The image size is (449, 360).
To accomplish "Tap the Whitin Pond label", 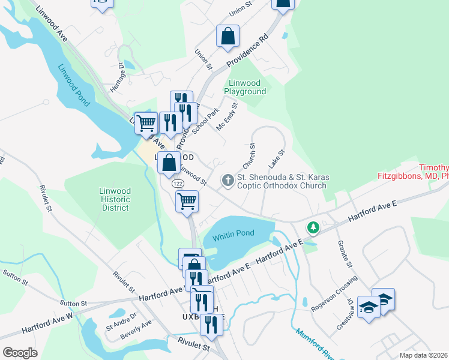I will pos(234,233).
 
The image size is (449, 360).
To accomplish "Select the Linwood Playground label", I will pos(245,87).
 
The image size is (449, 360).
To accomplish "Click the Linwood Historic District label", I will pos(115,199).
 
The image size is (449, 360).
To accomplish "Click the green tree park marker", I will pos(312,227).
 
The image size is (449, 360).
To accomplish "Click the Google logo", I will pos(20,353).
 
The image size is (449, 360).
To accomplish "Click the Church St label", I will pos(249,155).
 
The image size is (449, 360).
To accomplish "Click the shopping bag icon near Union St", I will pos(228,36).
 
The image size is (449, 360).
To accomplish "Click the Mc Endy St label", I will pos(228,117).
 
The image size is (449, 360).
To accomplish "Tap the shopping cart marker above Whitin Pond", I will pos(187,201).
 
